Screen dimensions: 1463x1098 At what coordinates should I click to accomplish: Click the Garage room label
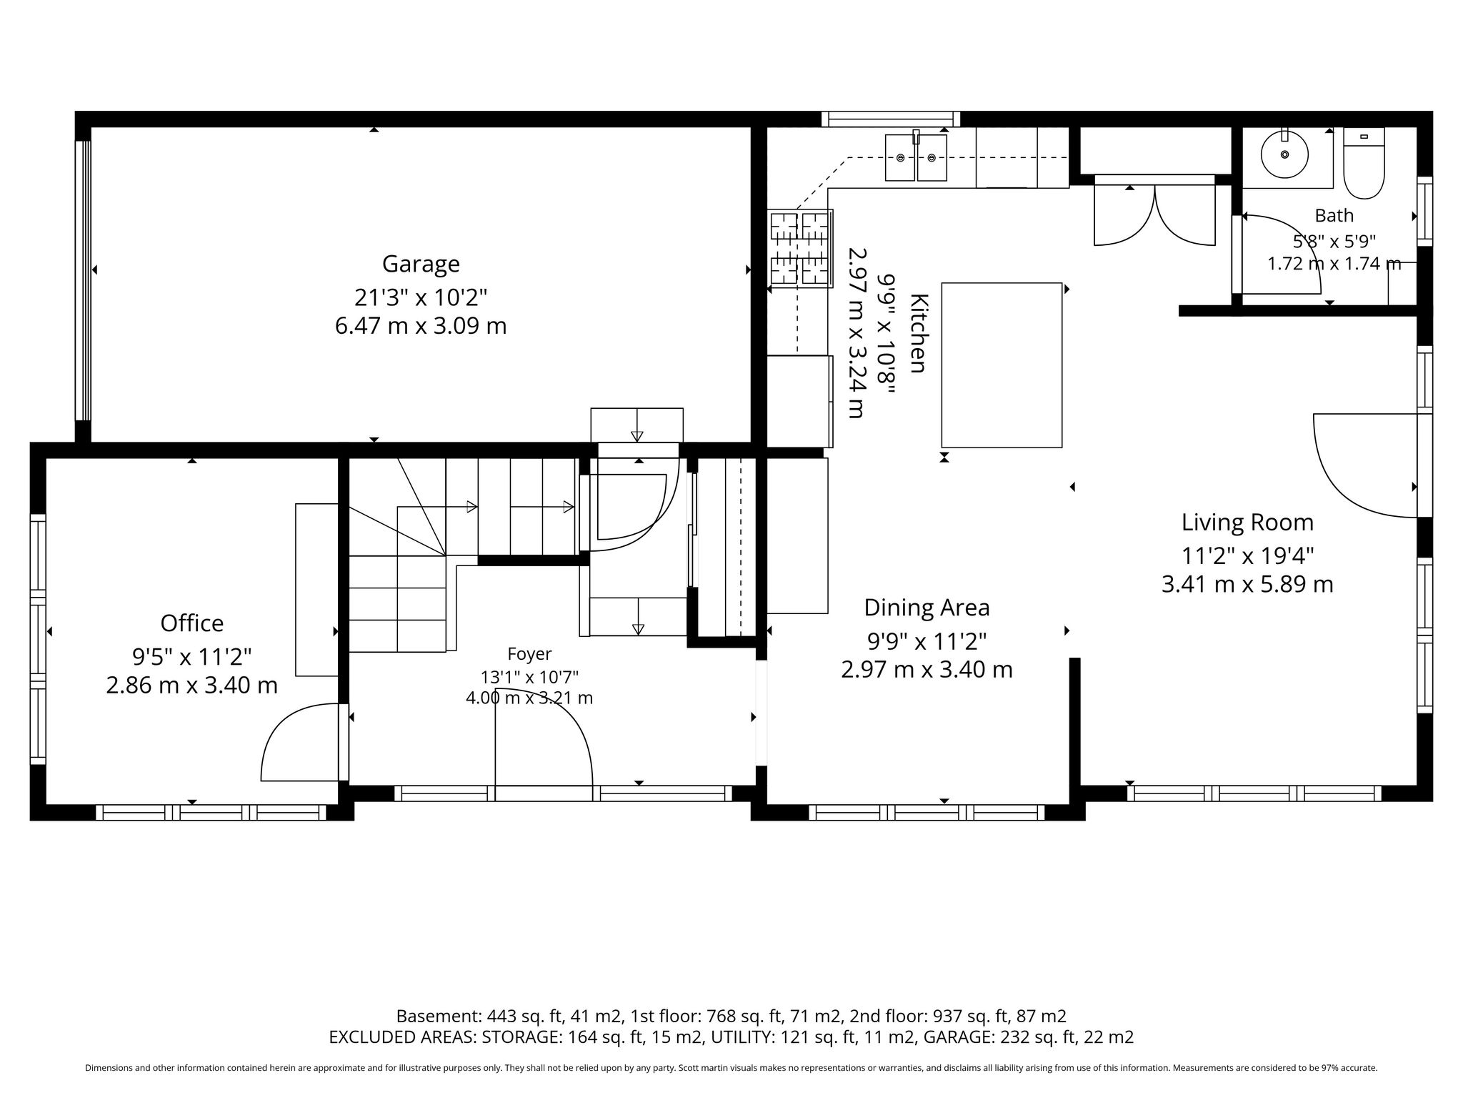click(421, 264)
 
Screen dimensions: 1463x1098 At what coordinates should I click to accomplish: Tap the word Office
click(192, 623)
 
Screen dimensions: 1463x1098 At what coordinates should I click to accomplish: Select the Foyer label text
click(529, 654)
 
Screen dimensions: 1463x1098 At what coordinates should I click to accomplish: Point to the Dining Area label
click(927, 608)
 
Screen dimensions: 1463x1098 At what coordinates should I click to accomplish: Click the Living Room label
click(1247, 523)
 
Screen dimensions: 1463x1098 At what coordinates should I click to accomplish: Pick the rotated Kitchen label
click(918, 333)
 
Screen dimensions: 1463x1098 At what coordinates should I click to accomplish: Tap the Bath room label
click(1334, 215)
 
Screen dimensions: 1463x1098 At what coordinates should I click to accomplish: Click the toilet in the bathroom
click(1364, 163)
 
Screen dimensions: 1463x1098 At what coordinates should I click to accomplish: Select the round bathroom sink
click(1284, 154)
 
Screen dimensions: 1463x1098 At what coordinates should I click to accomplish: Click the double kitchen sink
click(917, 157)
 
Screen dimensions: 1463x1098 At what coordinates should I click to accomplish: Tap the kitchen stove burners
click(800, 248)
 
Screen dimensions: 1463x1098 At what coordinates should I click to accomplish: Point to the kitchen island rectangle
click(1002, 365)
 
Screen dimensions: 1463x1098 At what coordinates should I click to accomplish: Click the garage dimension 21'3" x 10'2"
click(421, 296)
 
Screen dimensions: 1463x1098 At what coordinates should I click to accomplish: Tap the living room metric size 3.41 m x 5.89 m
click(1247, 585)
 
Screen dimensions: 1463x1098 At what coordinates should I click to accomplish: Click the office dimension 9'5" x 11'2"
click(192, 655)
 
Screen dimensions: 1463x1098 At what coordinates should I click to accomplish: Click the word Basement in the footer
click(438, 1016)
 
